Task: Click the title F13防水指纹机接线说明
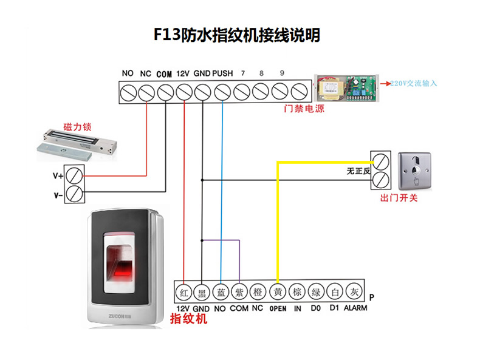[237, 36]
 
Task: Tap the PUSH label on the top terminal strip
[223, 73]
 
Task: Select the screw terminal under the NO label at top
[128, 92]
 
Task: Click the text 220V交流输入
[413, 83]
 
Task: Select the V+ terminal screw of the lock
[75, 175]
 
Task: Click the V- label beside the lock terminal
[58, 195]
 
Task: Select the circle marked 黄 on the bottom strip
[278, 293]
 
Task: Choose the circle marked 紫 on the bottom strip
[240, 293]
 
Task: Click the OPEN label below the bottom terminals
[278, 308]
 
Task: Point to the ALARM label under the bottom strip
[355, 308]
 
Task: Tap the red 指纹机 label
[189, 320]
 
